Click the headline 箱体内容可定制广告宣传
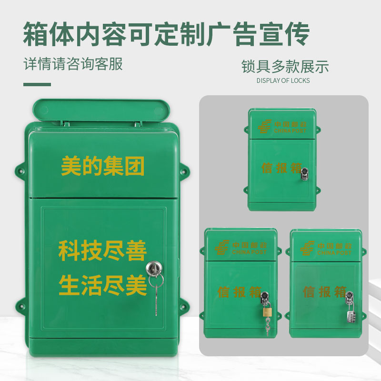166,33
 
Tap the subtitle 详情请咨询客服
73,64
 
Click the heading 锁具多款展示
285,66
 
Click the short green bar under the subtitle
37,85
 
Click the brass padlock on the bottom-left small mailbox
265,313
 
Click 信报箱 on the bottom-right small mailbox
324,291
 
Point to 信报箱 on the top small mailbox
281,168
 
